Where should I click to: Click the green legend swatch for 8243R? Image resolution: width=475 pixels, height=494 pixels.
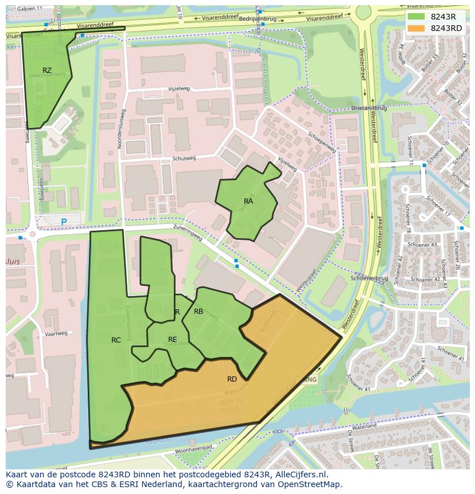[x=417, y=17]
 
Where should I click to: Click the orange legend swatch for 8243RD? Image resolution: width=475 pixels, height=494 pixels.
[x=417, y=28]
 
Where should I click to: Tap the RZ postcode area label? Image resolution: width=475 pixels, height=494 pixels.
[x=47, y=71]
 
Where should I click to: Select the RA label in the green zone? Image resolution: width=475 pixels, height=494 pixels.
[x=248, y=201]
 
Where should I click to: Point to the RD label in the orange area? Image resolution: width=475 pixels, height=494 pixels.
[x=232, y=379]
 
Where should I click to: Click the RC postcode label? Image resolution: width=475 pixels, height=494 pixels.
[x=116, y=340]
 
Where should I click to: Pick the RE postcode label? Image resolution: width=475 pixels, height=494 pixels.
[x=172, y=340]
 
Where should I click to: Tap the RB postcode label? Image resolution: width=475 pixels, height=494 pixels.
[x=198, y=312]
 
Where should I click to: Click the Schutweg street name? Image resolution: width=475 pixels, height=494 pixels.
[x=184, y=158]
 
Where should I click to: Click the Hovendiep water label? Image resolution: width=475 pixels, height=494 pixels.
[x=158, y=442]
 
